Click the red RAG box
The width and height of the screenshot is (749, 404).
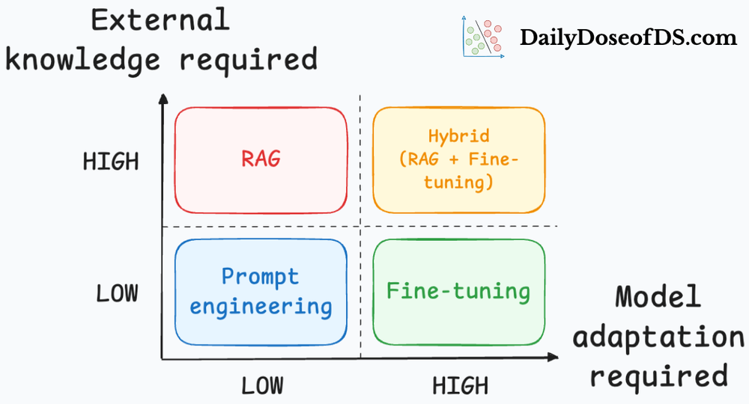261,160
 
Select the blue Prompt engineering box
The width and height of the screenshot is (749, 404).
261,291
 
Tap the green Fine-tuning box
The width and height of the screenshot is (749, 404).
458,291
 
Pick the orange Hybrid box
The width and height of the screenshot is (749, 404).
458,160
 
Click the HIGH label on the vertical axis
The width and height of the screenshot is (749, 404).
111,162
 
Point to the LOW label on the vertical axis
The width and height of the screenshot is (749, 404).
117,293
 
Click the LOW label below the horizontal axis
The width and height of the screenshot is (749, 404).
262,385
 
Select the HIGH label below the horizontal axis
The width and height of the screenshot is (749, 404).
460,385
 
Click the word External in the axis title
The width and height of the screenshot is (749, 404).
160,19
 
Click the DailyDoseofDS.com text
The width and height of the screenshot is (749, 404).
628,38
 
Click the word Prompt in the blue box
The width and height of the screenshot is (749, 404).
260,277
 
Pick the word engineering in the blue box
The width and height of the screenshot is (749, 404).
261,306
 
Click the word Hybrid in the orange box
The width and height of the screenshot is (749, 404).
458,136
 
